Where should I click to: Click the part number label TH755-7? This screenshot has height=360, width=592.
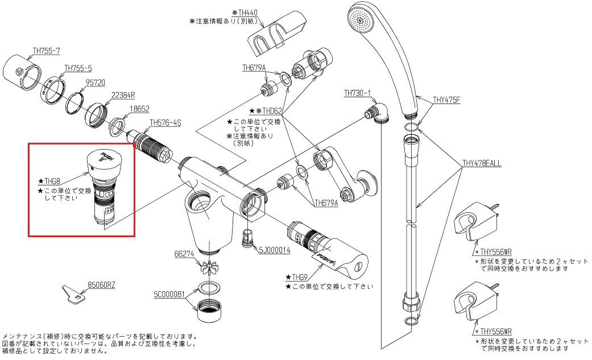(46, 51)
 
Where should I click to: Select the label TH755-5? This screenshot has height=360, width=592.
(78, 68)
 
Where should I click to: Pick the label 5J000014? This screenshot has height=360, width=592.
(275, 250)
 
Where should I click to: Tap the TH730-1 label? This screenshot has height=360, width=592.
(357, 93)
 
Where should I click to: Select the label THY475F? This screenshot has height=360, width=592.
(446, 100)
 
